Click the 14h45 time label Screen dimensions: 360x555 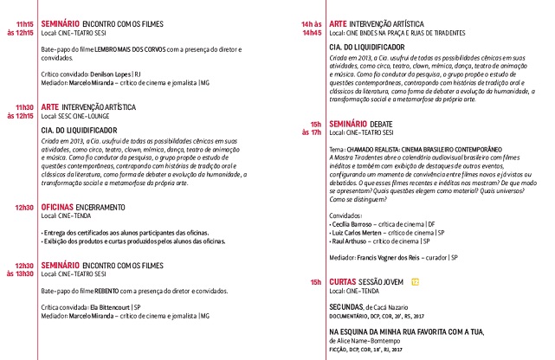click(x=311, y=33)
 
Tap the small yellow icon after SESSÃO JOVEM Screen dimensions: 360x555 click(x=416, y=282)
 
